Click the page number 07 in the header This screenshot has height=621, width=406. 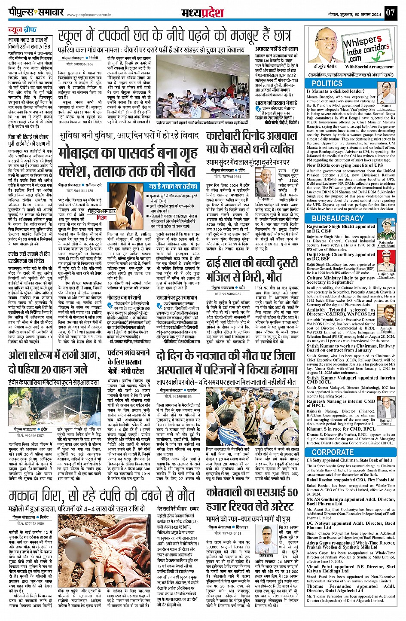pyautogui.click(x=389, y=12)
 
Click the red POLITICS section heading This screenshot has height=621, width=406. pyautogui.click(x=327, y=83)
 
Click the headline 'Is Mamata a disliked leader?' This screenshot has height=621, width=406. pyautogui.click(x=336, y=92)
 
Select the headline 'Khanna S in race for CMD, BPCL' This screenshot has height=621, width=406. pyautogui.click(x=341, y=428)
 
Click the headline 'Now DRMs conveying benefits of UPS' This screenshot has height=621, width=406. pyautogui.click(x=345, y=165)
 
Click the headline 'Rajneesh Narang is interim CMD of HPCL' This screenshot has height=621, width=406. pyautogui.click(x=341, y=403)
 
